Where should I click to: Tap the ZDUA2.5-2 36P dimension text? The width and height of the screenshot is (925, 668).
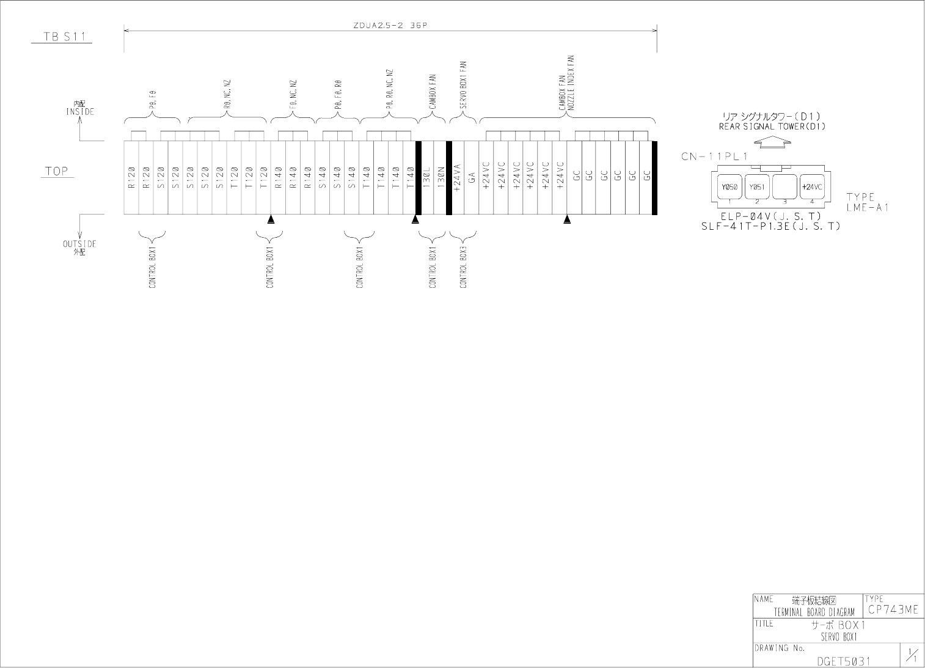tap(390, 26)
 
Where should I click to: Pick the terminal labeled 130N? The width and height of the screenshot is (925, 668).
tap(441, 178)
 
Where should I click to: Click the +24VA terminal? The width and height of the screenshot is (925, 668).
tap(457, 178)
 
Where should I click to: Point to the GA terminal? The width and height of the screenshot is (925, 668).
tap(472, 178)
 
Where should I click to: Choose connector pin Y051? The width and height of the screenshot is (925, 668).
tap(757, 187)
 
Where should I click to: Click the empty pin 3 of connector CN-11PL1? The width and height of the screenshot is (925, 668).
tap(784, 187)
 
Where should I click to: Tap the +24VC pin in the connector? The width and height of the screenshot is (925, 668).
tap(813, 187)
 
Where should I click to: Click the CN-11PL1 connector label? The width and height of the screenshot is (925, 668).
tap(714, 156)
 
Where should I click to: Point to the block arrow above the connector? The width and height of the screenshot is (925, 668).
tap(773, 142)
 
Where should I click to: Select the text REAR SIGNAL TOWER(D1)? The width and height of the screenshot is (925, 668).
tap(772, 127)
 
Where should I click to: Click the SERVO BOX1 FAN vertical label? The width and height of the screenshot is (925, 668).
tap(463, 85)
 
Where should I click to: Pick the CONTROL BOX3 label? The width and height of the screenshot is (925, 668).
tap(463, 268)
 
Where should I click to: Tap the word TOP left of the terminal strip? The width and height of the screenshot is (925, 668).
tap(56, 171)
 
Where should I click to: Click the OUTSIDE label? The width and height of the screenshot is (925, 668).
tap(79, 244)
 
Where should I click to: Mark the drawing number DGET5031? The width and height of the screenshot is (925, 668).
tap(843, 661)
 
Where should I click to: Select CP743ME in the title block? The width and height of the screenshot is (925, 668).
tap(892, 610)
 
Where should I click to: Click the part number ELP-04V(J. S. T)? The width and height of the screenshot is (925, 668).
tap(770, 216)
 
